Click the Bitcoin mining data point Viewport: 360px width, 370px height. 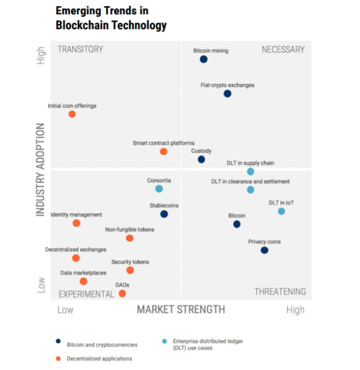[203, 59]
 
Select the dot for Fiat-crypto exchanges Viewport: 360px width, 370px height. [227, 94]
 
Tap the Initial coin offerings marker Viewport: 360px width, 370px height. [72, 114]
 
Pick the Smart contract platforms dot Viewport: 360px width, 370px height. [163, 152]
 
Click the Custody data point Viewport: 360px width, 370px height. [201, 160]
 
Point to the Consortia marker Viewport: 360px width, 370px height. [159, 189]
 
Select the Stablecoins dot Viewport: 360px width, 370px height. [164, 214]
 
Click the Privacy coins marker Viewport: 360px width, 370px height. [265, 250]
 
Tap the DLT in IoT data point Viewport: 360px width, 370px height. [281, 211]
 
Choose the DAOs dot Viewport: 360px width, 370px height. [122, 294]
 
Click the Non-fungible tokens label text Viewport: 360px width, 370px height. [129, 230]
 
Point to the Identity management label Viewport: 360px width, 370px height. [76, 214]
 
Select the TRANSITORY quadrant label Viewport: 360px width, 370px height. [80, 50]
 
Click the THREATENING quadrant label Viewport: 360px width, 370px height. [280, 292]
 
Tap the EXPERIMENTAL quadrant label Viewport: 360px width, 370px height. [86, 294]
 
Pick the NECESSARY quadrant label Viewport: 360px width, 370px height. [283, 50]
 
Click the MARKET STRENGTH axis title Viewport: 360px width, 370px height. [181, 309]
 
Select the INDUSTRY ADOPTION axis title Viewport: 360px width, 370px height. [41, 170]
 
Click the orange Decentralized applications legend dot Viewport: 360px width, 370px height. [58, 359]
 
